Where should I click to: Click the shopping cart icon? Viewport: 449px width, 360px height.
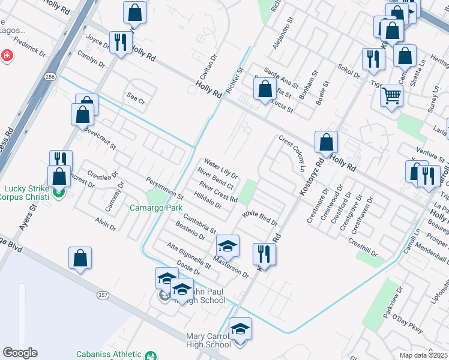pos(391,95)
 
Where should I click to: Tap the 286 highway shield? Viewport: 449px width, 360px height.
pos(50,77)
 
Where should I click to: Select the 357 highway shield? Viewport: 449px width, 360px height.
pos(102,295)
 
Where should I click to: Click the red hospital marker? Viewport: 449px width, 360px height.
pos(7,56)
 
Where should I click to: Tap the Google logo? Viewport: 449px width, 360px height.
pos(20,352)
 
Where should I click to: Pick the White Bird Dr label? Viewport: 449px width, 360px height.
pos(260,218)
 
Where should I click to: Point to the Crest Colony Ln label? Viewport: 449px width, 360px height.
pos(292,152)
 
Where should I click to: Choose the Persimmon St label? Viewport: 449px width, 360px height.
pos(164,188)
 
